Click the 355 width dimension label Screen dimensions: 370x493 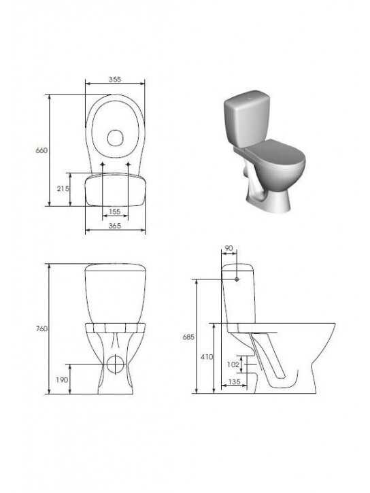coord(115,80)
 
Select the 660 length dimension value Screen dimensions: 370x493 coord(41,150)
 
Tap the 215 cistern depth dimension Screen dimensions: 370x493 coord(63,188)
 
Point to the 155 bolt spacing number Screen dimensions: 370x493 coord(114,211)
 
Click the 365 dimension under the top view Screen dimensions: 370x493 coord(115,226)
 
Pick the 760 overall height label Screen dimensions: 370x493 coord(41,328)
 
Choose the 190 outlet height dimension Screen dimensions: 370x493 coord(62,380)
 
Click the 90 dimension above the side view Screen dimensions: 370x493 coord(229,248)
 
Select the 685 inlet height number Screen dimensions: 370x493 coord(188,337)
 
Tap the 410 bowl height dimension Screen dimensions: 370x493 coord(207,357)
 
